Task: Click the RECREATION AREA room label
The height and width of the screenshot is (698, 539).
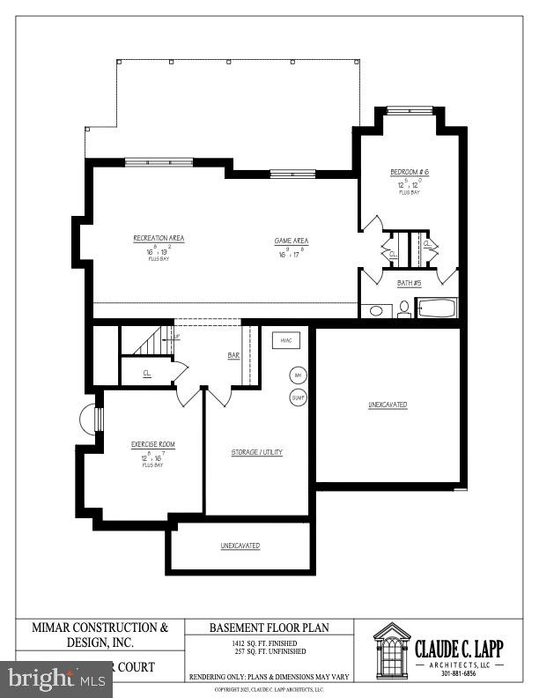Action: (159, 238)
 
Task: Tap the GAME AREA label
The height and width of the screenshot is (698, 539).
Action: (292, 241)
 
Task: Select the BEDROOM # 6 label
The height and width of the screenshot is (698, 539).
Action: (410, 171)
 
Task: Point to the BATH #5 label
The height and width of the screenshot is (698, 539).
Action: (410, 283)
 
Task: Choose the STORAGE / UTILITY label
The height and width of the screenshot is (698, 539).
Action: (257, 452)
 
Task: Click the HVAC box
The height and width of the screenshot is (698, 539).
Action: (286, 340)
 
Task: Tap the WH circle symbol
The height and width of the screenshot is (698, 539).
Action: (298, 375)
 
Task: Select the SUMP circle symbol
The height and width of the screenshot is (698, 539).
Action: (298, 397)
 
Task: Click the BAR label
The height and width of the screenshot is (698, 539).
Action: (233, 355)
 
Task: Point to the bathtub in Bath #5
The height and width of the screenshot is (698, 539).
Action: (436, 309)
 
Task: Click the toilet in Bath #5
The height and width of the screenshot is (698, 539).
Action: (403, 308)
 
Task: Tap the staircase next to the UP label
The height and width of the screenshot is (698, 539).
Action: (144, 340)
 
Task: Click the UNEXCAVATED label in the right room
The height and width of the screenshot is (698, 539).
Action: (388, 405)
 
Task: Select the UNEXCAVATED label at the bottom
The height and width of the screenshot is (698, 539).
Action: (240, 546)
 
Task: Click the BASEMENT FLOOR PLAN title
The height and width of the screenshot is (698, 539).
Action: (269, 628)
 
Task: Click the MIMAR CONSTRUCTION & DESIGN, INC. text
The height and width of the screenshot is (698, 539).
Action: (100, 635)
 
